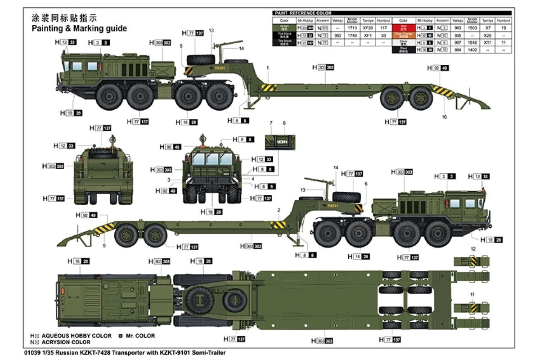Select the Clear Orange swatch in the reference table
pos(403,35)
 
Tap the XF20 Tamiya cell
pos(369,28)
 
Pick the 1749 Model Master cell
pos(354,35)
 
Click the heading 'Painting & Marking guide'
pos(79,28)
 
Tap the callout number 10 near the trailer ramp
pos(445,117)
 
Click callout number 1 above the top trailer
pos(267,67)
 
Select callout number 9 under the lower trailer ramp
pos(104,246)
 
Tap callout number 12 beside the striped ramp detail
pos(472,248)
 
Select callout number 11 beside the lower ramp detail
pos(472,294)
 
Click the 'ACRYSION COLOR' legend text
pos(66,342)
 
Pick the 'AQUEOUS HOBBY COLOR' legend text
pos(76,336)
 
